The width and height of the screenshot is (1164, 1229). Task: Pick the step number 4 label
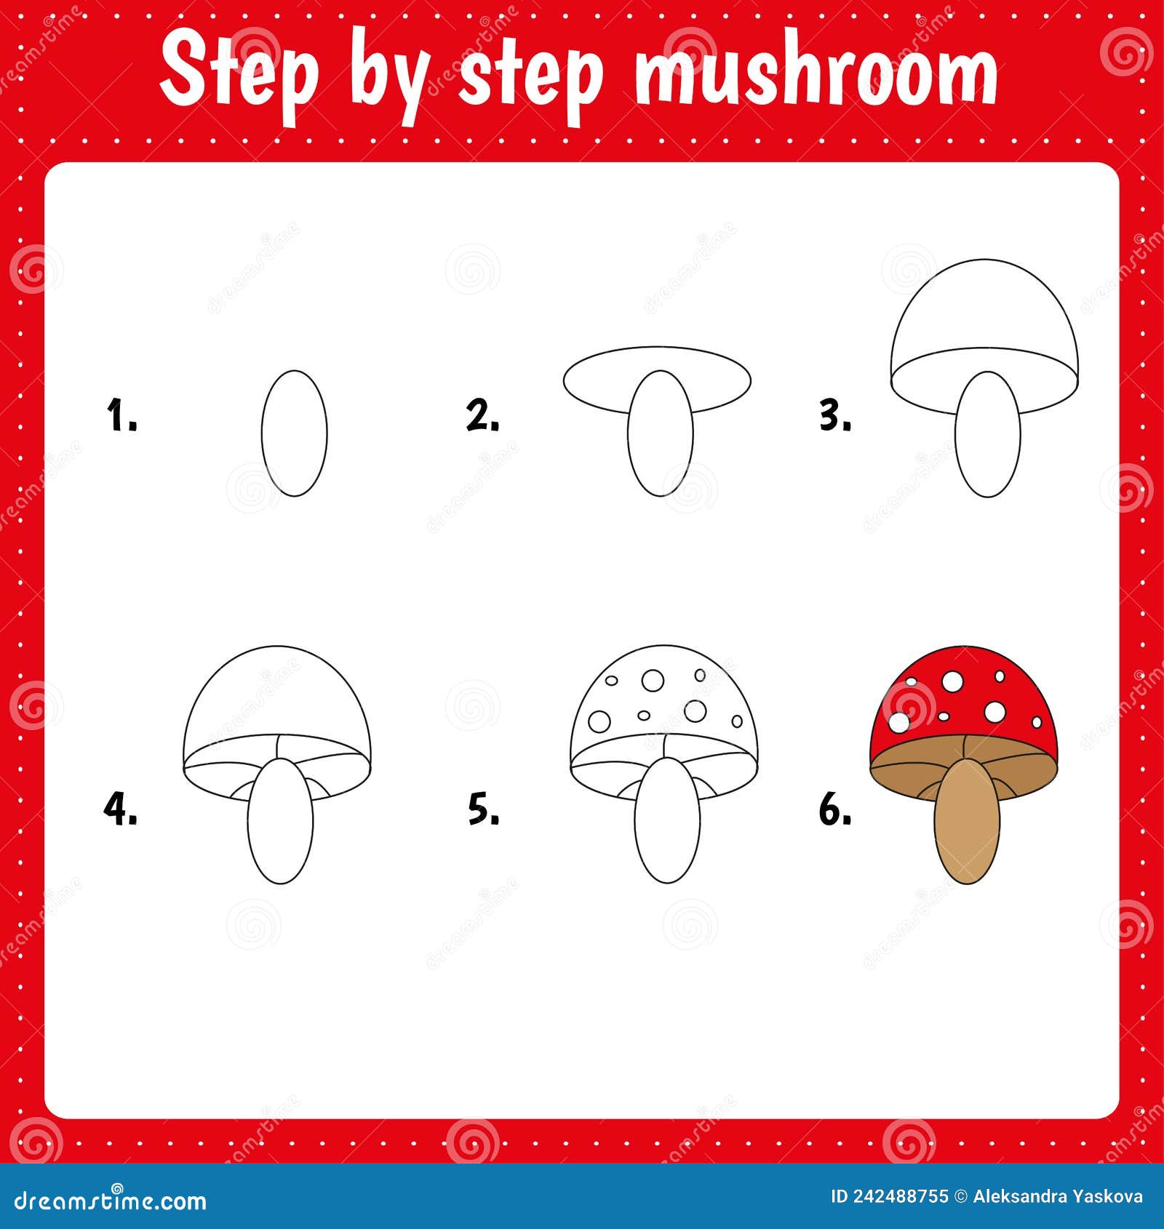tap(120, 809)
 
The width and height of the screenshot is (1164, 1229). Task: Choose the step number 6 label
tap(835, 809)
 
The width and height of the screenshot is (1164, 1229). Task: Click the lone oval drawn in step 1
tap(294, 433)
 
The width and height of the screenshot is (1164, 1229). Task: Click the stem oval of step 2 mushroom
tap(660, 444)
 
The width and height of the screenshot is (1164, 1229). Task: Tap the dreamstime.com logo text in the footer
tap(109, 1200)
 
